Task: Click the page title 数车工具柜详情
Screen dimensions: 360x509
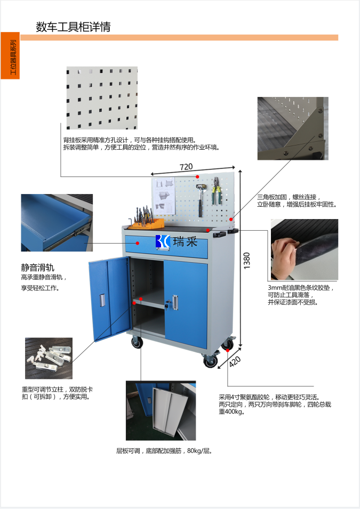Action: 73,27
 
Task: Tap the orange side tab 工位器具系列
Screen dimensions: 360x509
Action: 10,55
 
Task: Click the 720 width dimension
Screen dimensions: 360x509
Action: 186,167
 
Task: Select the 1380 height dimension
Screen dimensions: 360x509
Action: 247,260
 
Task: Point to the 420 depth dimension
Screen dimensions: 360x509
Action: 235,361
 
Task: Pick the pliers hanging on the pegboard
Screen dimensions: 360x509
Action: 217,191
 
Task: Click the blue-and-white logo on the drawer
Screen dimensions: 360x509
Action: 163,241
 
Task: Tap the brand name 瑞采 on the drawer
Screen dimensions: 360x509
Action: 185,241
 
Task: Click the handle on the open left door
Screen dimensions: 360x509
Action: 102,300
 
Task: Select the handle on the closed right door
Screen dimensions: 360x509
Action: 175,302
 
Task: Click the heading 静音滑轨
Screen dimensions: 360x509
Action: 38,268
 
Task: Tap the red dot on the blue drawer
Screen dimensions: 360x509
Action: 138,243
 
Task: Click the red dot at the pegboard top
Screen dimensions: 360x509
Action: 197,176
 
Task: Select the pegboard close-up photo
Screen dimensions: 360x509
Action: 102,98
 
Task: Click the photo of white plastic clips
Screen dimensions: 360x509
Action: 49,358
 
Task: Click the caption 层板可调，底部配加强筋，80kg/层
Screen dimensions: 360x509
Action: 164,451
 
